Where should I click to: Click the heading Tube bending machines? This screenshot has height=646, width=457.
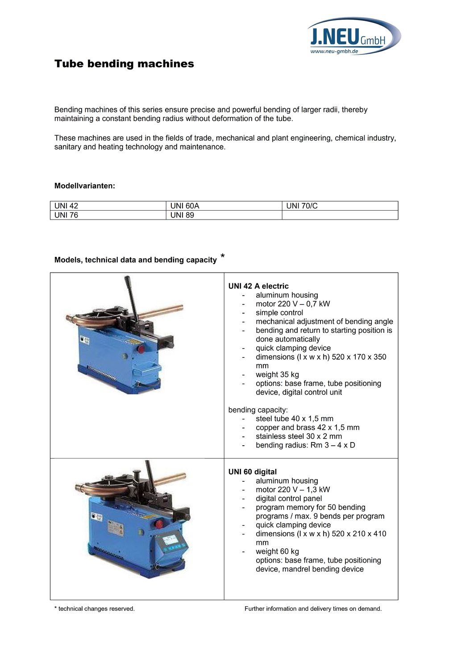pos(124,64)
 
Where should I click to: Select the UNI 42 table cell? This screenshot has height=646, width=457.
pos(108,206)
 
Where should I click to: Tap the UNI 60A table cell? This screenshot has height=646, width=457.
pos(224,206)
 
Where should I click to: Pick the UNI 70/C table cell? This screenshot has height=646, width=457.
pos(340,206)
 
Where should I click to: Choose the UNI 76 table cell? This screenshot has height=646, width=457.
pos(108,215)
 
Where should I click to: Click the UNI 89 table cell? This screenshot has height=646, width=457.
pos(224,215)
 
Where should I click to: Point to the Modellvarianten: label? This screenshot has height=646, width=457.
pos(85,186)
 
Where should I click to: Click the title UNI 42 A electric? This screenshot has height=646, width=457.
pos(258,286)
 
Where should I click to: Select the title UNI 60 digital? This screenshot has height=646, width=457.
pos(253,472)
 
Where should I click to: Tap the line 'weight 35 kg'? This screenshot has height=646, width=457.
pos(277,374)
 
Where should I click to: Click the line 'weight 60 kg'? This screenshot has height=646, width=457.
pos(277,551)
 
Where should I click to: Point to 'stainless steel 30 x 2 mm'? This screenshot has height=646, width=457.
pos(299,436)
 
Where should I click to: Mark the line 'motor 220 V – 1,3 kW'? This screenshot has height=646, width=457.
pos(293,489)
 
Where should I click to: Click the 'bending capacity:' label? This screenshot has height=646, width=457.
pos(258,410)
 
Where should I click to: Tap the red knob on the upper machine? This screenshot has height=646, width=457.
pos(141,348)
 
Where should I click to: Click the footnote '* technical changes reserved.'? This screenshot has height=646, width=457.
pos(95,609)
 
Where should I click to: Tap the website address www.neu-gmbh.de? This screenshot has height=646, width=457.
pos(334,52)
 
